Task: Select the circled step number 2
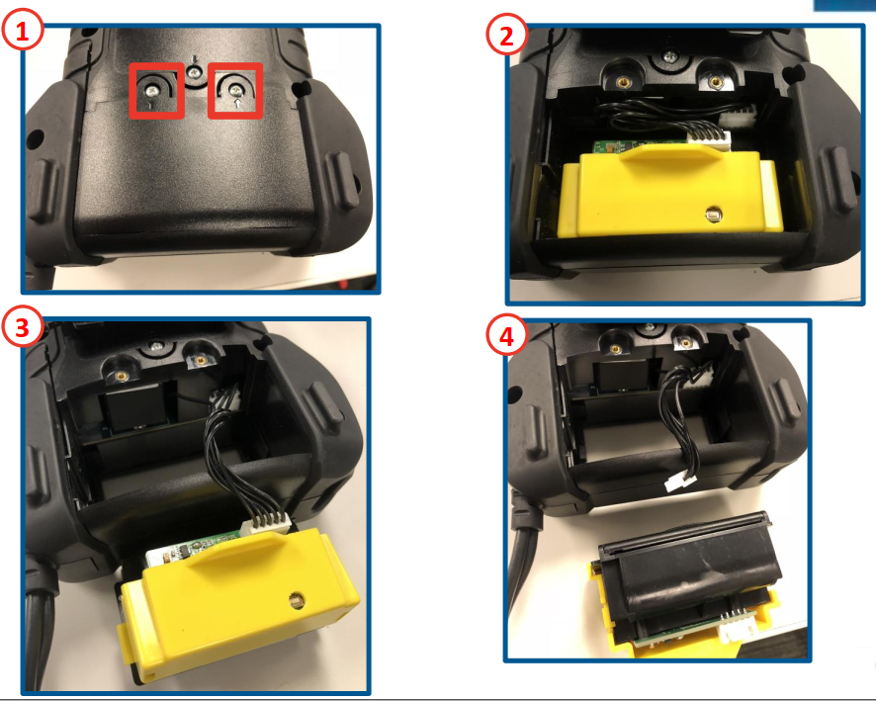pyautogui.click(x=507, y=37)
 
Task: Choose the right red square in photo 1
pyautogui.click(x=235, y=91)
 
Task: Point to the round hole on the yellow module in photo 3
pyautogui.click(x=294, y=599)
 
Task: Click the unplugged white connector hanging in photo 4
pyautogui.click(x=678, y=482)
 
